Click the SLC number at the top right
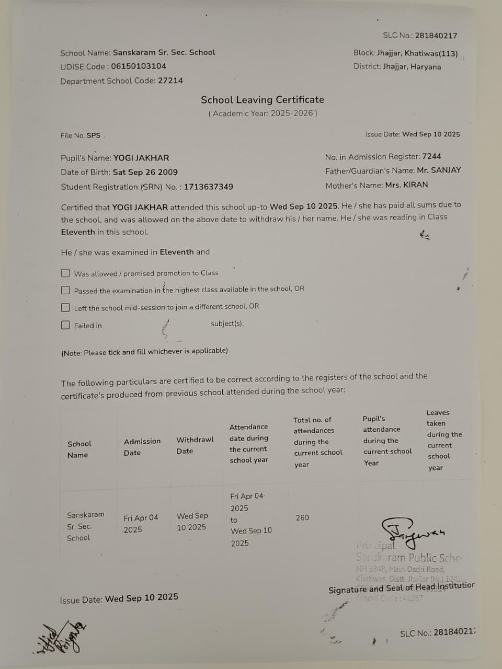click(436, 36)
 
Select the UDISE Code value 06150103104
click(139, 66)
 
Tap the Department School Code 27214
click(170, 80)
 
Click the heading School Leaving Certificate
click(263, 100)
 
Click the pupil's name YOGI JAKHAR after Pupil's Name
click(141, 158)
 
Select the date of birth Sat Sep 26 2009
click(145, 172)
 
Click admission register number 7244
click(431, 156)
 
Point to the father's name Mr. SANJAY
click(439, 170)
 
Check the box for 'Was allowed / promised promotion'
click(65, 273)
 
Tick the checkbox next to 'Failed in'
click(65, 325)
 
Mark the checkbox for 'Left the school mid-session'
click(65, 307)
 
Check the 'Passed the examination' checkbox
click(65, 290)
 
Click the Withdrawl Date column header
click(195, 445)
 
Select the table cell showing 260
click(302, 517)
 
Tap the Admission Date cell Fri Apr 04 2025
click(140, 523)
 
